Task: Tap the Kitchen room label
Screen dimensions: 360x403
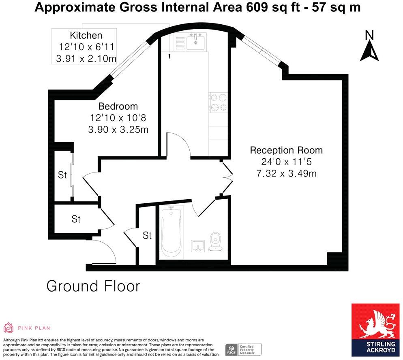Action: (86, 36)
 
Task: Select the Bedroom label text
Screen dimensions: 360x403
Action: (118, 107)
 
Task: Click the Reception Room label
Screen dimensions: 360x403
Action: (286, 150)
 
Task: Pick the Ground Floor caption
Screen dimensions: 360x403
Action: (93, 286)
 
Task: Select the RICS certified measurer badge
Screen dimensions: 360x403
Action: (243, 349)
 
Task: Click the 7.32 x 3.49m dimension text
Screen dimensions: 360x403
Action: (286, 174)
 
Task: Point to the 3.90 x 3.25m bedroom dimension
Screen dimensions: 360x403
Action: (118, 130)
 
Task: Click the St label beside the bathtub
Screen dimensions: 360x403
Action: (147, 235)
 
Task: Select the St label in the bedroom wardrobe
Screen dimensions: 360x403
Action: (62, 175)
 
